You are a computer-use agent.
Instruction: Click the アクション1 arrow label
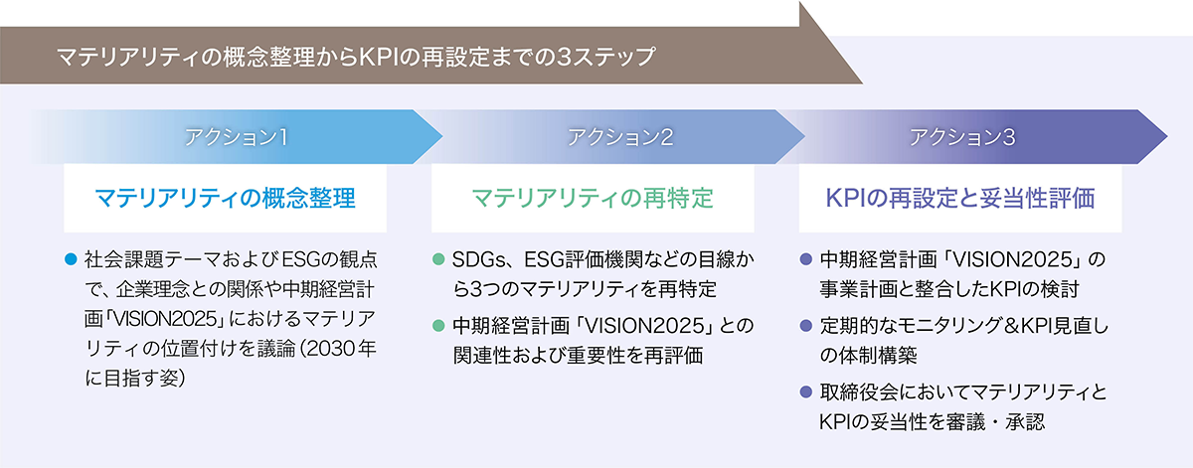tap(236, 137)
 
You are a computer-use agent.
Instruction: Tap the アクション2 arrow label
tap(620, 137)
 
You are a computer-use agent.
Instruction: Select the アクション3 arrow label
tap(962, 137)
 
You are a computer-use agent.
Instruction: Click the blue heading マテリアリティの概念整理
tap(226, 198)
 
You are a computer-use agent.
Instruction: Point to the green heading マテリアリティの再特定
tap(593, 198)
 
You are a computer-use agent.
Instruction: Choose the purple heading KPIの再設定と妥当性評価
tap(960, 198)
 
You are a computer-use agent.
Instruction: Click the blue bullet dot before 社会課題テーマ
tap(71, 259)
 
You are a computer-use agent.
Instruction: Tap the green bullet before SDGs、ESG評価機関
tap(438, 259)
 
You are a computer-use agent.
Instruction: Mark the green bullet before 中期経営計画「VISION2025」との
tap(438, 325)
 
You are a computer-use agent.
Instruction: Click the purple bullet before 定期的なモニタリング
tap(806, 325)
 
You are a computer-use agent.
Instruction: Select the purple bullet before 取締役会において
tap(806, 392)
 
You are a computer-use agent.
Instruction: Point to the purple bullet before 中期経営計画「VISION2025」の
tap(806, 259)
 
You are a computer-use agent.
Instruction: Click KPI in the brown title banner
tap(378, 57)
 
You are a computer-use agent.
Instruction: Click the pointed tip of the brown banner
tap(862, 83)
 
